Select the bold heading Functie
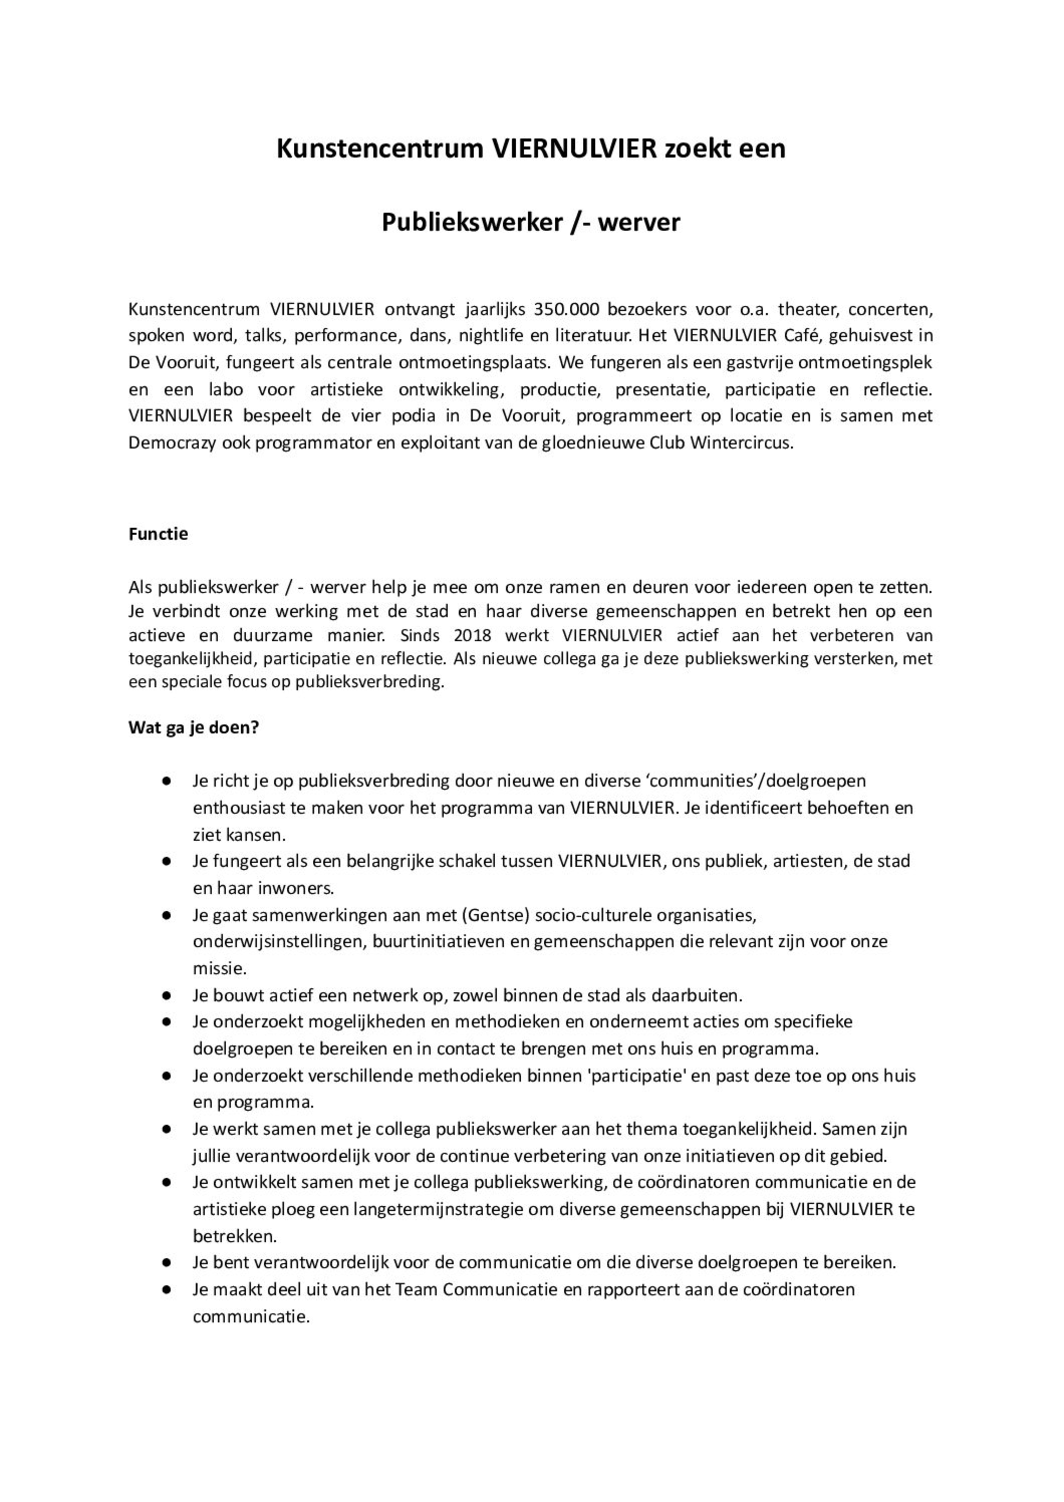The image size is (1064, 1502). pos(158,534)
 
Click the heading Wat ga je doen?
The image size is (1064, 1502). pos(194,728)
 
